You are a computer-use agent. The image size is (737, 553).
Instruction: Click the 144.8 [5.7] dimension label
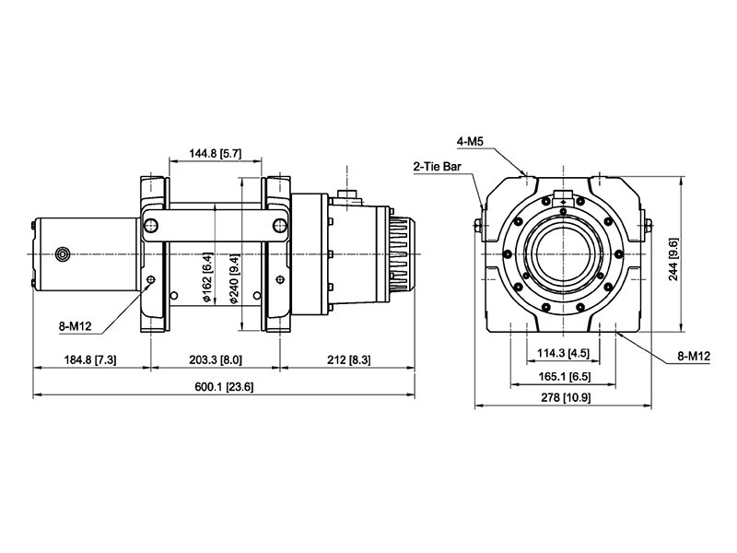pyautogui.click(x=216, y=153)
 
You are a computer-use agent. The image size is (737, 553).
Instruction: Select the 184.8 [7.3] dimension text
pyautogui.click(x=90, y=359)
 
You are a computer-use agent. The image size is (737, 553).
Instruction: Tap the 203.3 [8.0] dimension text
pyautogui.click(x=216, y=359)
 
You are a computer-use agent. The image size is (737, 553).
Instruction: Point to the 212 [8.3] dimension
pyautogui.click(x=349, y=359)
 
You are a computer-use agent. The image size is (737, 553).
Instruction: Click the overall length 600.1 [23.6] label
pyautogui.click(x=224, y=387)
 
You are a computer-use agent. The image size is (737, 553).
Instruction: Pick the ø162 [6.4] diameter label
pyautogui.click(x=207, y=277)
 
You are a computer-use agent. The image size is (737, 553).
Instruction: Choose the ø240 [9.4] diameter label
pyautogui.click(x=234, y=278)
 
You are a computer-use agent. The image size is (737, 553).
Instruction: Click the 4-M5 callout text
pyautogui.click(x=470, y=141)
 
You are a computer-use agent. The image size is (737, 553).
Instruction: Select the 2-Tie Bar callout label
pyautogui.click(x=438, y=167)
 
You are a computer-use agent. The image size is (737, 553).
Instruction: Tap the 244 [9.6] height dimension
pyautogui.click(x=673, y=259)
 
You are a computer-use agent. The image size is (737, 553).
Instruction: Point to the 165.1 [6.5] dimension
pyautogui.click(x=563, y=377)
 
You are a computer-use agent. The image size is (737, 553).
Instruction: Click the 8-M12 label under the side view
pyautogui.click(x=75, y=326)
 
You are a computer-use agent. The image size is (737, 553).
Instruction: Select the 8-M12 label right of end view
pyautogui.click(x=694, y=357)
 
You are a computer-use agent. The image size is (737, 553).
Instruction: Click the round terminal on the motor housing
pyautogui.click(x=62, y=254)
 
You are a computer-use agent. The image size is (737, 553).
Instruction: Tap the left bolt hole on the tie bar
pyautogui.click(x=151, y=226)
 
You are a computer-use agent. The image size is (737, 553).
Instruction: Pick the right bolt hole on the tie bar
pyautogui.click(x=279, y=226)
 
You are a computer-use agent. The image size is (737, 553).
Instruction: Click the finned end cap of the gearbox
pyautogui.click(x=403, y=254)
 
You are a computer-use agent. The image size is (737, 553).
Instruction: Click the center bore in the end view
pyautogui.click(x=564, y=254)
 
